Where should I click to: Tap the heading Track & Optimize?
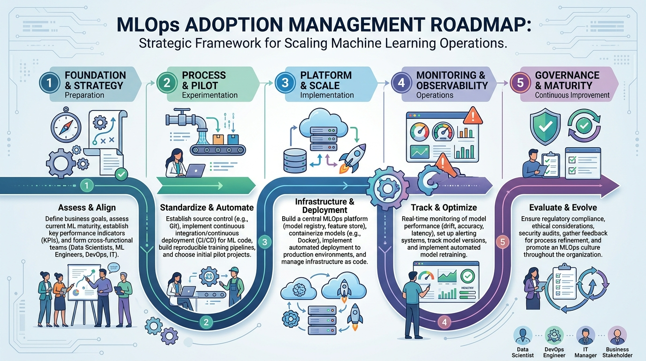coord(444,208)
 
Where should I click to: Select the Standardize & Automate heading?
coord(207,208)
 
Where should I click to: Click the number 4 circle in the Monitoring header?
coord(401,82)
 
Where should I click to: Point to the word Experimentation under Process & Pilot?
coord(209,95)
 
